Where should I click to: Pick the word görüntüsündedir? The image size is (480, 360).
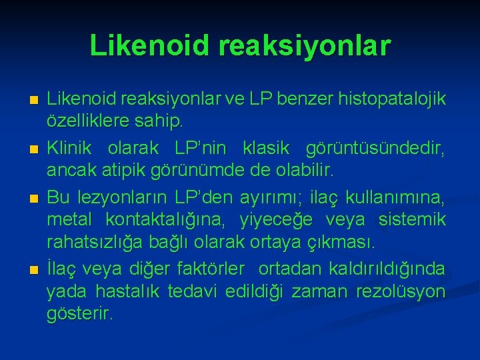375,145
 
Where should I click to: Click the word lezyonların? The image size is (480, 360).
114,198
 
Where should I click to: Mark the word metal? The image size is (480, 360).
67,220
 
